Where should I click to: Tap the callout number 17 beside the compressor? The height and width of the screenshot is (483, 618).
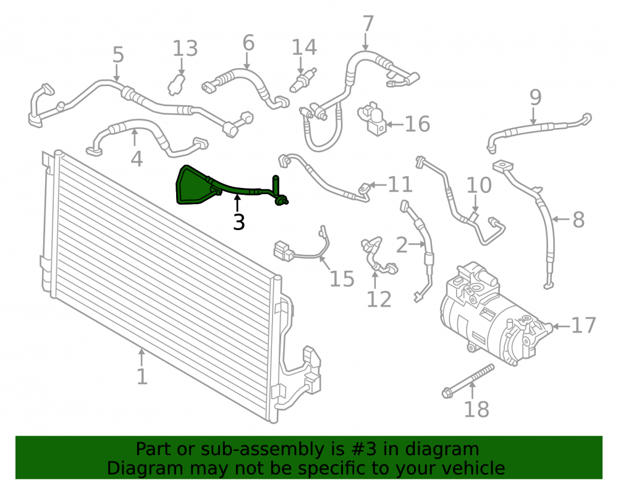click(x=584, y=326)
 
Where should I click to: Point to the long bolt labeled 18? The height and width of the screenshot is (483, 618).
click(x=468, y=382)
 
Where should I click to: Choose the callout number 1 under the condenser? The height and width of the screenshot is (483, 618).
click(x=142, y=377)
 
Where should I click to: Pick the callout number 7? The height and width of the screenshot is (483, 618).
click(x=368, y=24)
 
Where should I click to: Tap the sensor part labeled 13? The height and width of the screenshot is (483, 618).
click(x=176, y=83)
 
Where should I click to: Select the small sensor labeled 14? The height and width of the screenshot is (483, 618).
click(x=303, y=80)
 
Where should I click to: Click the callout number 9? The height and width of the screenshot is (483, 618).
click(x=535, y=97)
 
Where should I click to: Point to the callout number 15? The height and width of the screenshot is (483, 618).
click(x=342, y=279)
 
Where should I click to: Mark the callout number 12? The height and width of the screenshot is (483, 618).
click(x=379, y=299)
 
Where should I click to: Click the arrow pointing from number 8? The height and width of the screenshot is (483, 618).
click(x=561, y=219)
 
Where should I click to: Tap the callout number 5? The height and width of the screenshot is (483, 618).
click(x=118, y=54)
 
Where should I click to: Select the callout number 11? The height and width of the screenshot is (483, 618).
click(x=400, y=184)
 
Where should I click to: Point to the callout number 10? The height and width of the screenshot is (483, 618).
click(x=480, y=186)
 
